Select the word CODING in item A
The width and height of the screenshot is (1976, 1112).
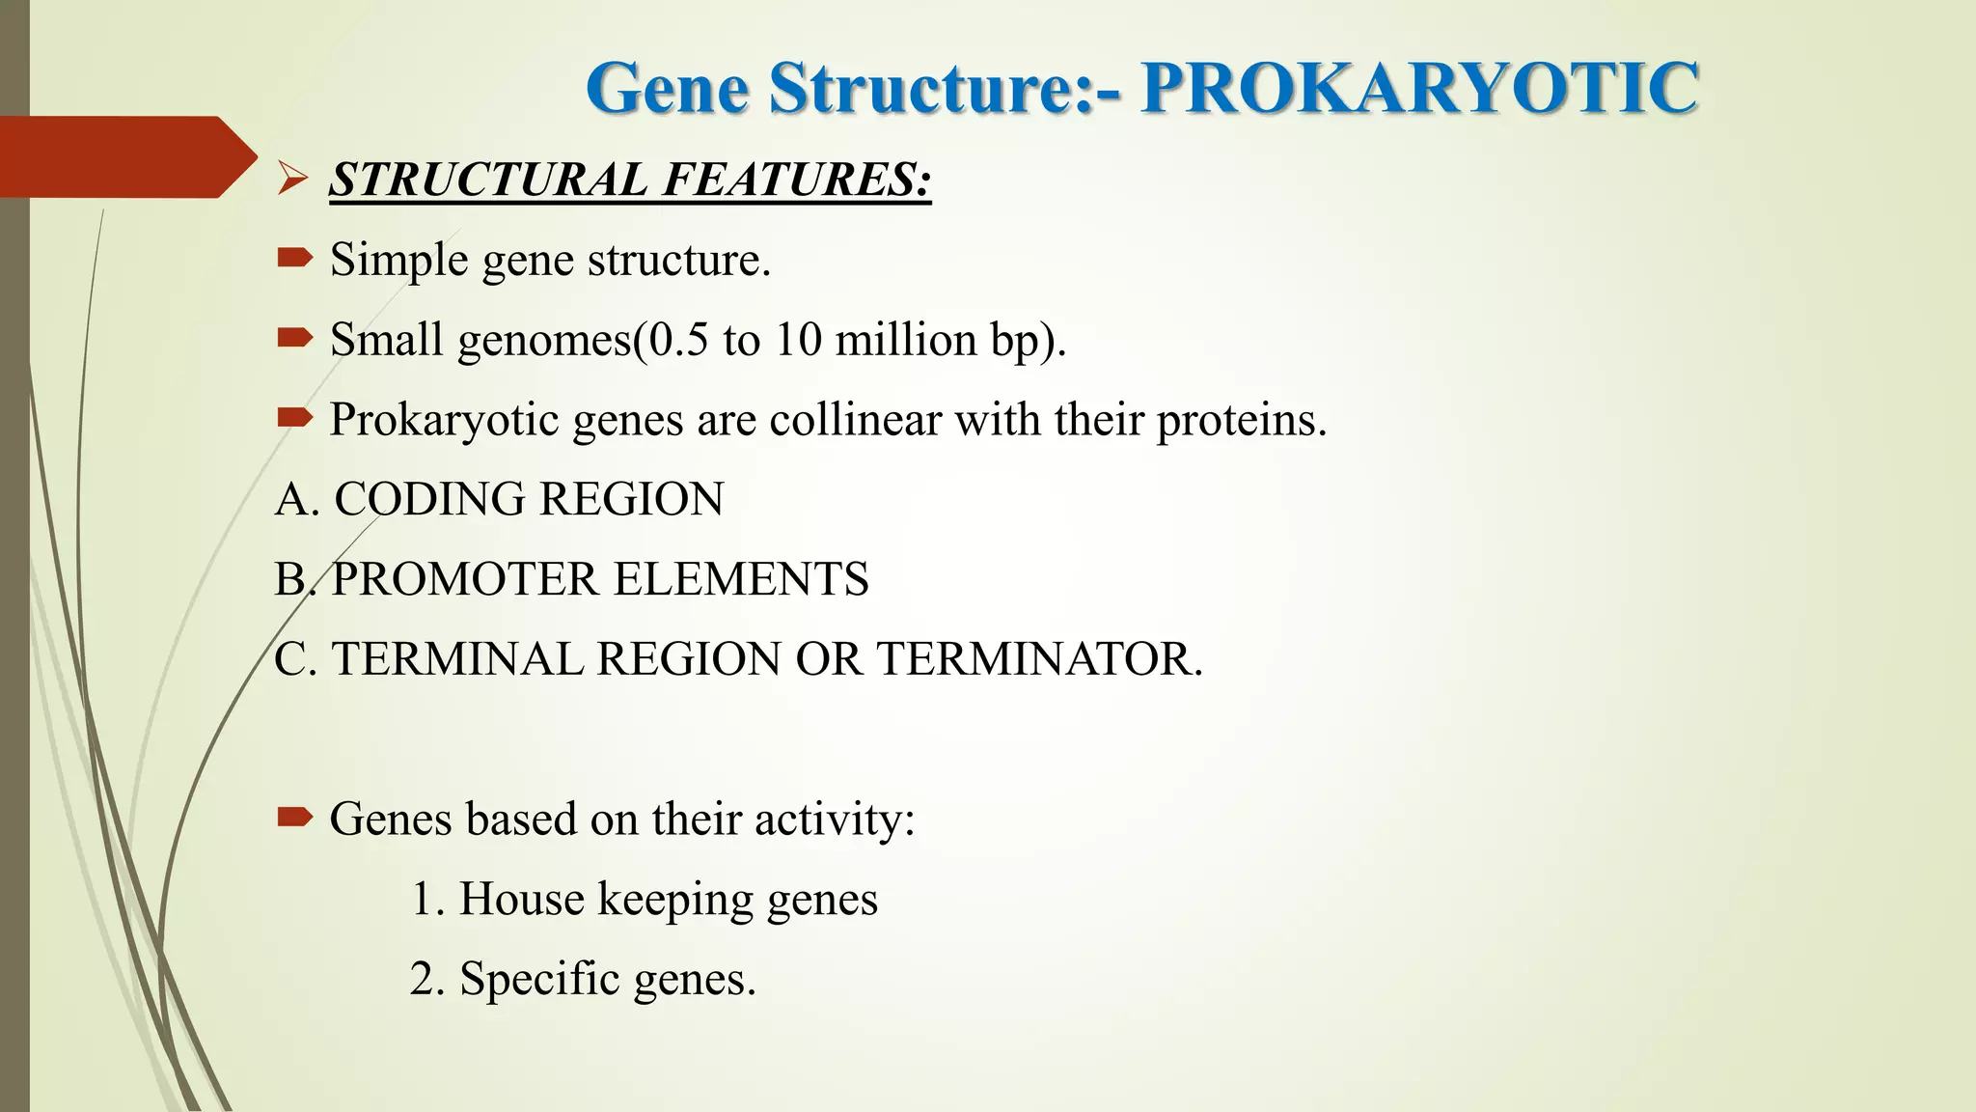[430, 500]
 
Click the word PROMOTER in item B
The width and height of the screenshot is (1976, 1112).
[466, 580]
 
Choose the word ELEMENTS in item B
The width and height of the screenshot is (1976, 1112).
[741, 580]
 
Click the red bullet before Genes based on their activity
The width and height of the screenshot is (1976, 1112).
[294, 819]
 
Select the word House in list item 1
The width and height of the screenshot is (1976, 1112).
[521, 899]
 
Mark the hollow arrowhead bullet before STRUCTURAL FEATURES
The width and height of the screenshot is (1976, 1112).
[292, 179]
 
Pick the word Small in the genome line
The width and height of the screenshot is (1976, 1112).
[386, 340]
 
